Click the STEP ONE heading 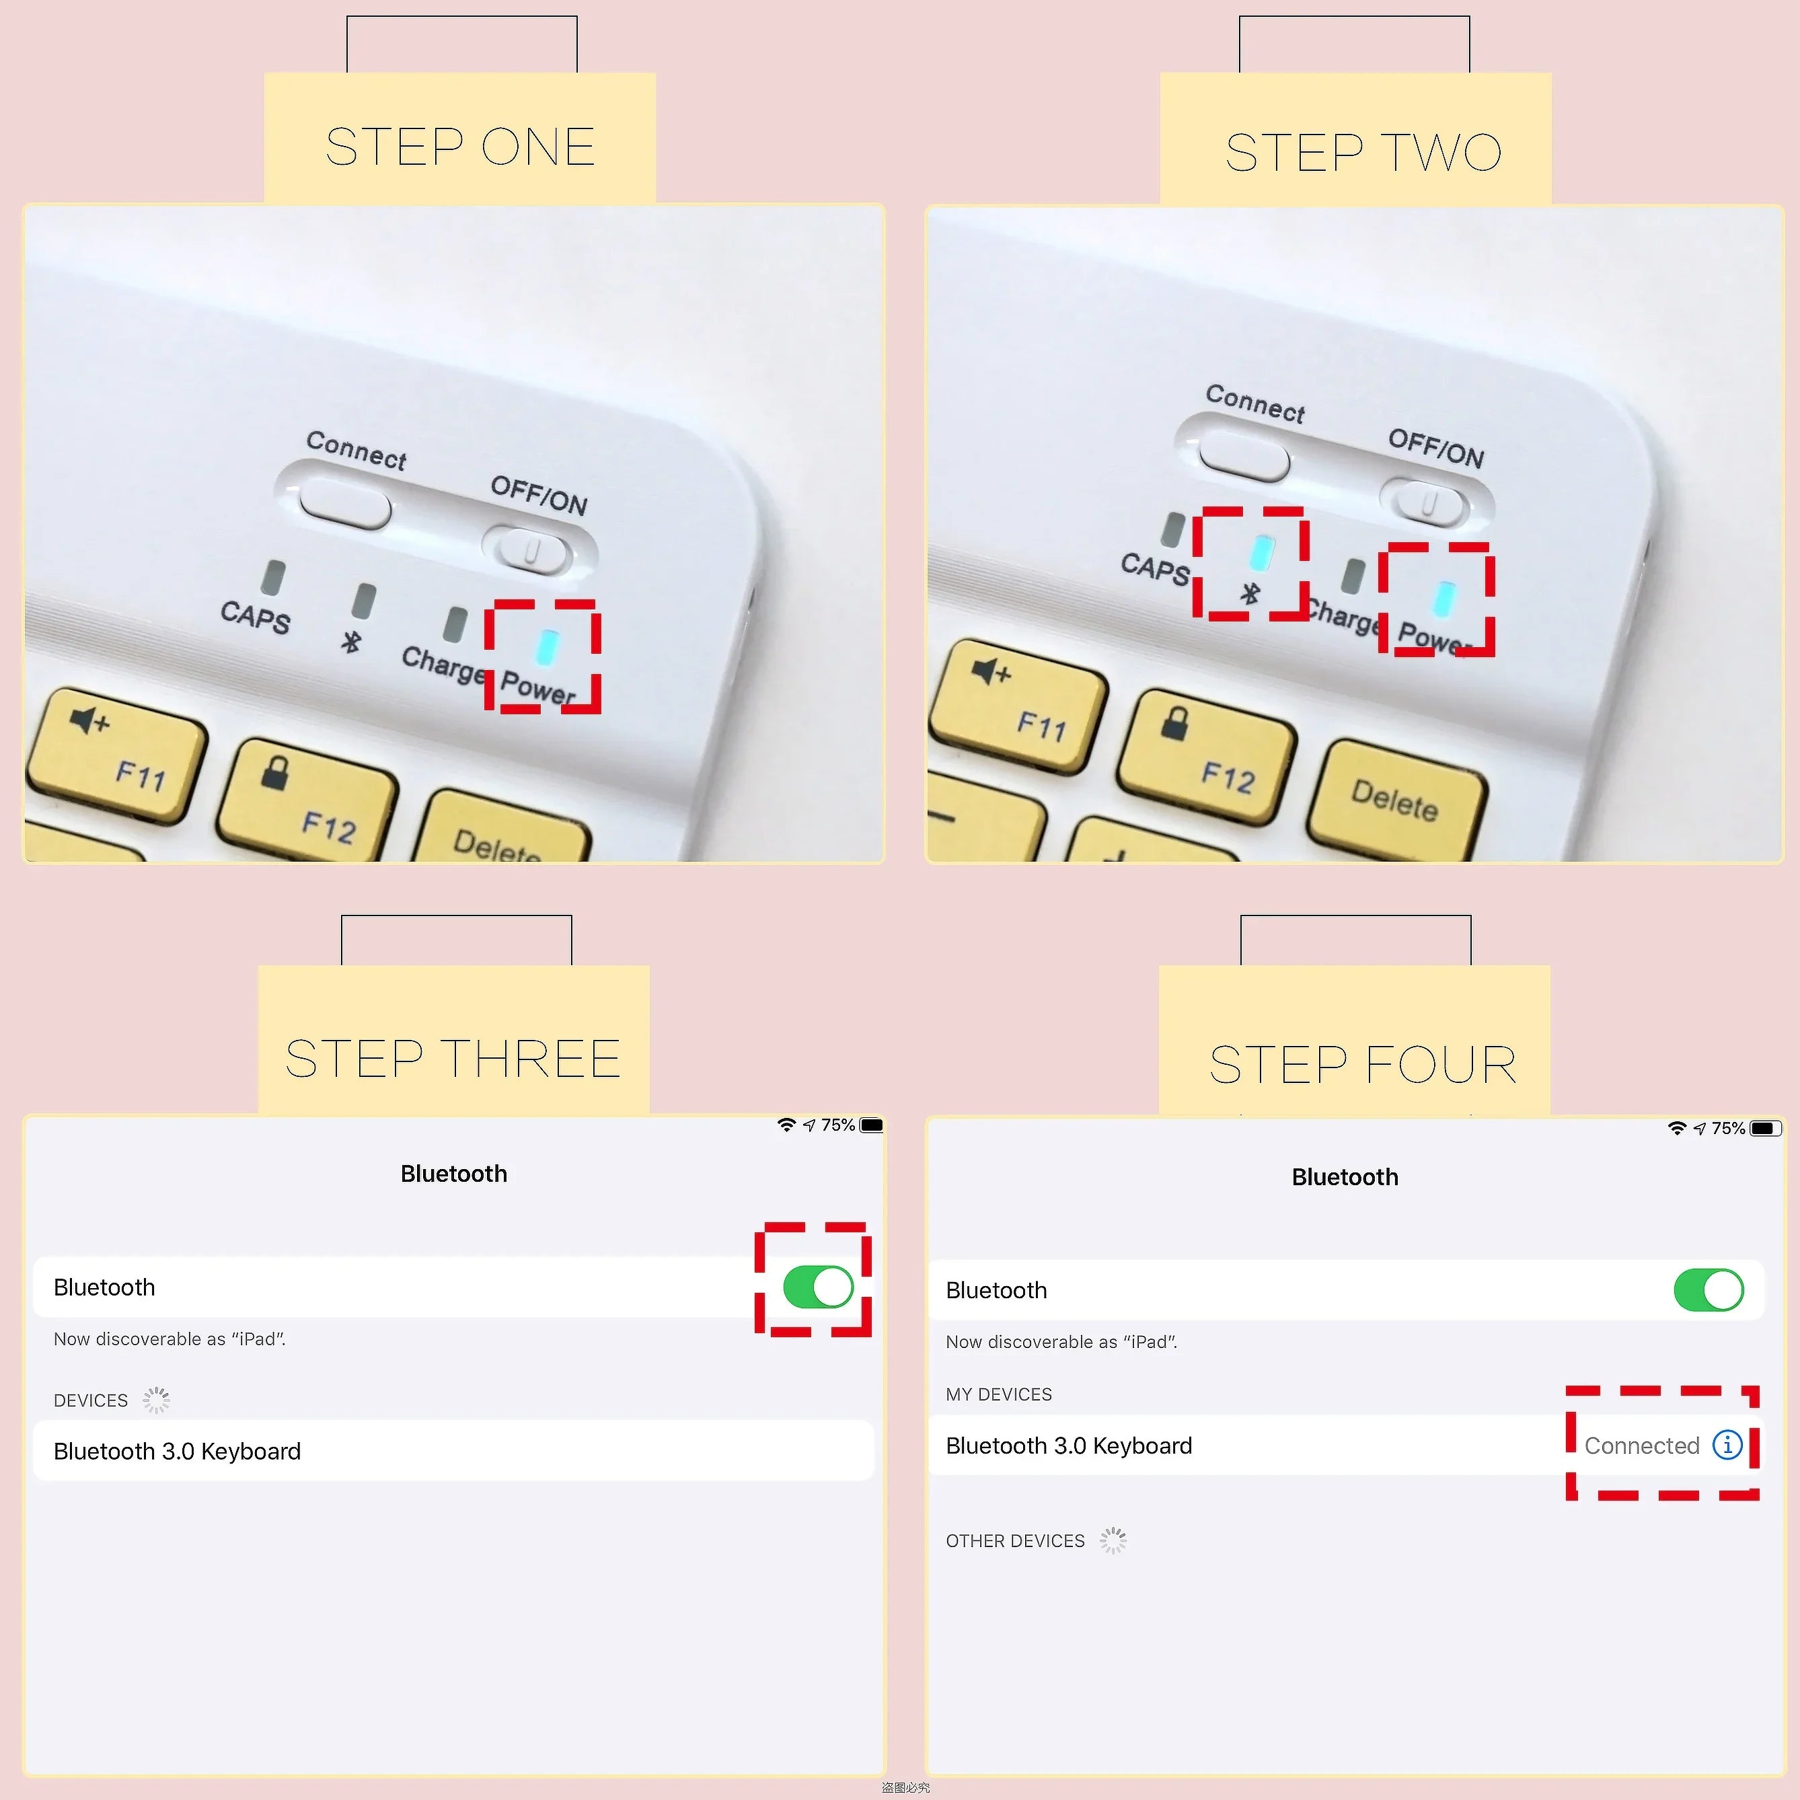click(459, 147)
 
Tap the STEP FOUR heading click(1362, 1065)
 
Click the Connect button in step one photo click(344, 503)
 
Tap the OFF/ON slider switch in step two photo click(1428, 504)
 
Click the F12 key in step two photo click(1207, 755)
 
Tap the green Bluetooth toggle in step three click(818, 1287)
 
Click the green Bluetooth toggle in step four click(1708, 1290)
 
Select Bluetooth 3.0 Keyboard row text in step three click(177, 1452)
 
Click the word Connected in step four click(1642, 1446)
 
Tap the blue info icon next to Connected click(1727, 1445)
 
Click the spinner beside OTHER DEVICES click(1113, 1540)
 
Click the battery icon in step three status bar click(871, 1125)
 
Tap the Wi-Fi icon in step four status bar click(1676, 1128)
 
